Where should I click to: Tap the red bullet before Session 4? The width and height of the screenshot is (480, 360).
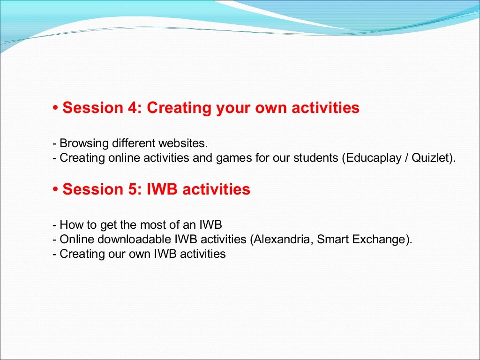click(55, 108)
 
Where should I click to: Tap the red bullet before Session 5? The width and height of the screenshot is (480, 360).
click(55, 189)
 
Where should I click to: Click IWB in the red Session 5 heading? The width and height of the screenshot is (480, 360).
click(162, 189)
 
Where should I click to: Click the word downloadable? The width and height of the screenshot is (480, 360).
click(134, 239)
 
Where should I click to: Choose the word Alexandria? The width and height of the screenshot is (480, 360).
click(282, 239)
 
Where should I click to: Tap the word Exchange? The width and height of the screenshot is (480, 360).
click(379, 239)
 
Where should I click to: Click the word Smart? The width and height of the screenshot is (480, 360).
click(333, 239)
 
